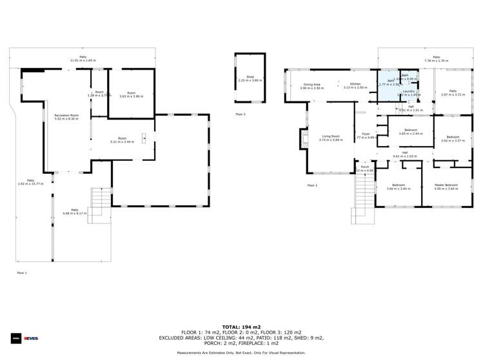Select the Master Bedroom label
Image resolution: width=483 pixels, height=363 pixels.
[446, 185]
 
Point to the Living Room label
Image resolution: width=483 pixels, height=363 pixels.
[331, 136]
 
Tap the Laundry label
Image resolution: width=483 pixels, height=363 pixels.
[408, 92]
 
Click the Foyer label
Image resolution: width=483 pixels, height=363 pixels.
[366, 134]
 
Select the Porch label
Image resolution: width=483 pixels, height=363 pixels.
[365, 167]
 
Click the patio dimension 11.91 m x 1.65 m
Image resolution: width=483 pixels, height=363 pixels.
[83, 61]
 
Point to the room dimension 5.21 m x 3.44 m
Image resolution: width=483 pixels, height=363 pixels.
[122, 141]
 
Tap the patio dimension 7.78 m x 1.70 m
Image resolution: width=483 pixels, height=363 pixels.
[437, 61]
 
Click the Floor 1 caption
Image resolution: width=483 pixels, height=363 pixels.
[22, 273]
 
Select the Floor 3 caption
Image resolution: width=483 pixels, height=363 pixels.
[312, 185]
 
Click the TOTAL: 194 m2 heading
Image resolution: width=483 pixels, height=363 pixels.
[241, 327]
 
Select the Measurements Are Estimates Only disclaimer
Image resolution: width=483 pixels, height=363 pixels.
[241, 353]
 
